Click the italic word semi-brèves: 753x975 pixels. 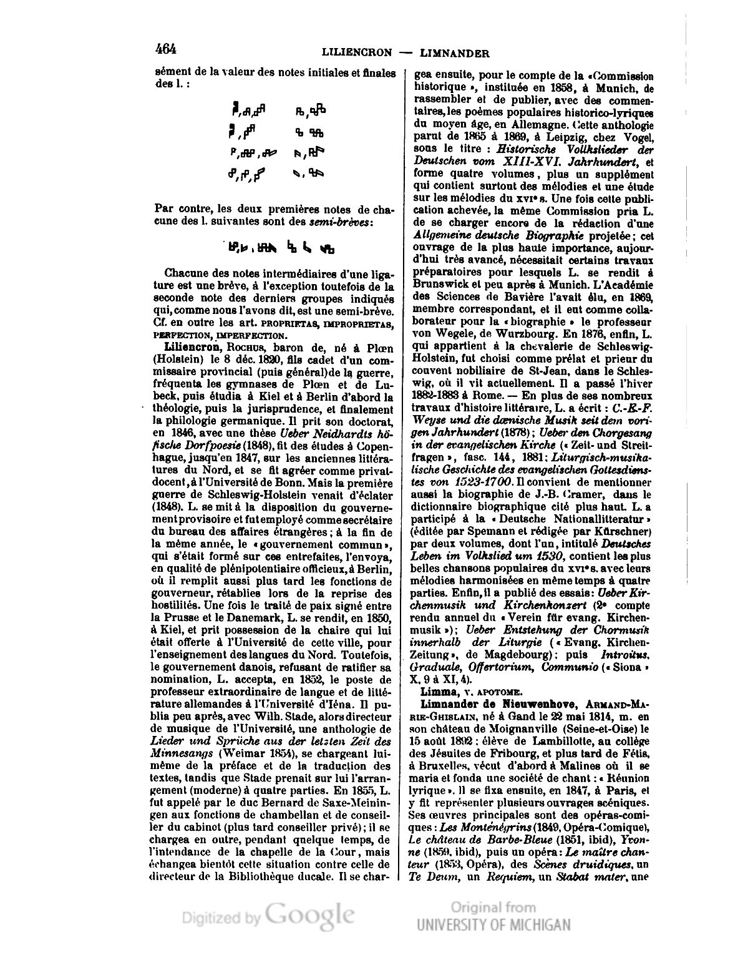(347, 223)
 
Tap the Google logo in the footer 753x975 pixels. (310, 915)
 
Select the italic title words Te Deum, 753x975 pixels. (434, 876)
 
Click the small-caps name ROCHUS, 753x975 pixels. (248, 347)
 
